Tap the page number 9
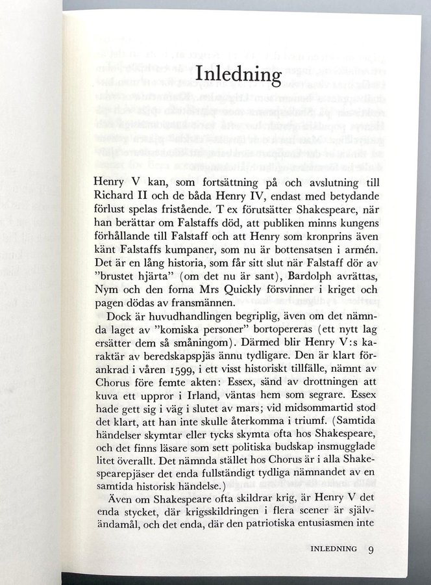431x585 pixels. coord(371,549)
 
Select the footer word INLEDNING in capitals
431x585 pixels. coord(334,549)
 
